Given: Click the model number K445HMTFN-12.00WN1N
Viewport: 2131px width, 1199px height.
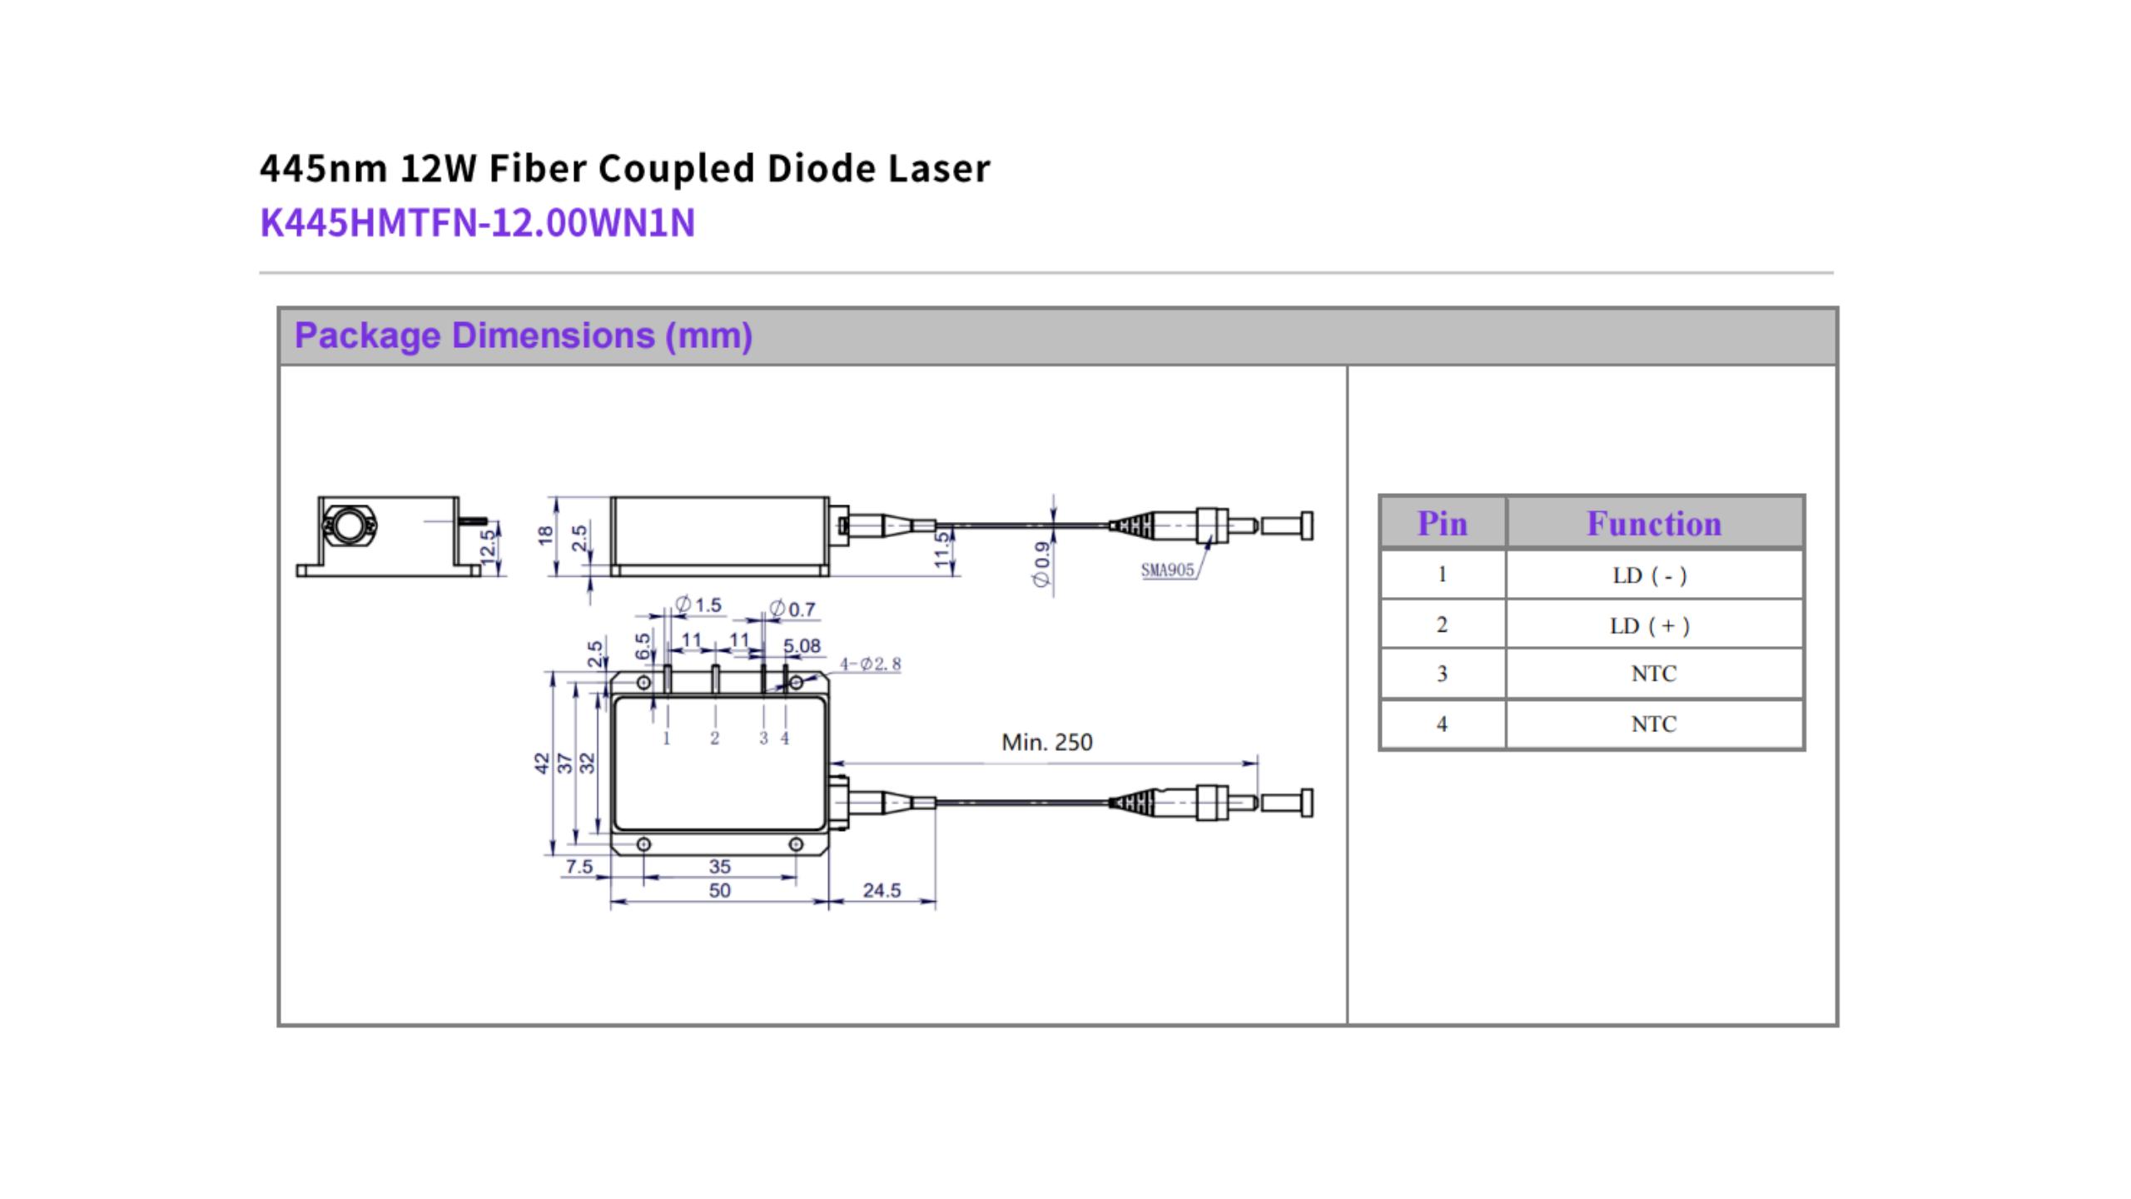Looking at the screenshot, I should coord(477,223).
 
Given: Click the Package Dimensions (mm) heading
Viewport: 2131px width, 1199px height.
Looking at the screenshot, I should coord(524,336).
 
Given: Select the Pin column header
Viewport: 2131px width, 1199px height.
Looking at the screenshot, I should coord(1442,524).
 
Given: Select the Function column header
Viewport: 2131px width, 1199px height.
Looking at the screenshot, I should coord(1653,524).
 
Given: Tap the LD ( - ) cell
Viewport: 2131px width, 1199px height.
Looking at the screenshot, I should coord(1653,575).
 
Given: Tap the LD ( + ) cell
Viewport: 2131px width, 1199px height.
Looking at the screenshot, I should coord(1653,625).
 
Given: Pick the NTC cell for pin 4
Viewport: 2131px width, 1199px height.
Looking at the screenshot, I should coord(1653,724).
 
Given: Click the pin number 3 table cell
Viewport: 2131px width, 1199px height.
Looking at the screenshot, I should coord(1442,674).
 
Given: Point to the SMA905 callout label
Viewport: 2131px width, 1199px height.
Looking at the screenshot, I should coord(1167,570).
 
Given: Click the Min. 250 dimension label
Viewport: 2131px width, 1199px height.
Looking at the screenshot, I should coord(1046,742).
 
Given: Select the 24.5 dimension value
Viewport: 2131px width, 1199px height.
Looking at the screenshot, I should coord(882,890).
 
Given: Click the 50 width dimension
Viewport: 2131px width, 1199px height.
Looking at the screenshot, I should coord(719,890).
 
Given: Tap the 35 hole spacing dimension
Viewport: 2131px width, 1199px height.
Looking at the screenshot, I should coord(719,866).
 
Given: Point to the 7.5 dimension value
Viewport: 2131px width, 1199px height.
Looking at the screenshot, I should coord(579,866).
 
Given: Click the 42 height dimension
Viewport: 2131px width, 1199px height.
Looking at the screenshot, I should coord(542,763).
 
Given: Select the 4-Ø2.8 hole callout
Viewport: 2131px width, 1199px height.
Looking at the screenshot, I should coord(870,664).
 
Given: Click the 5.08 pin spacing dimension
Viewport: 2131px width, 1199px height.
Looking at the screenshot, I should coord(802,645).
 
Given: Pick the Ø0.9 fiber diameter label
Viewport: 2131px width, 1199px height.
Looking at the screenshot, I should coord(1041,564).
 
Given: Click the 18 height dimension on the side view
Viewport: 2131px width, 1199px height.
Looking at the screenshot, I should coord(546,535).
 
